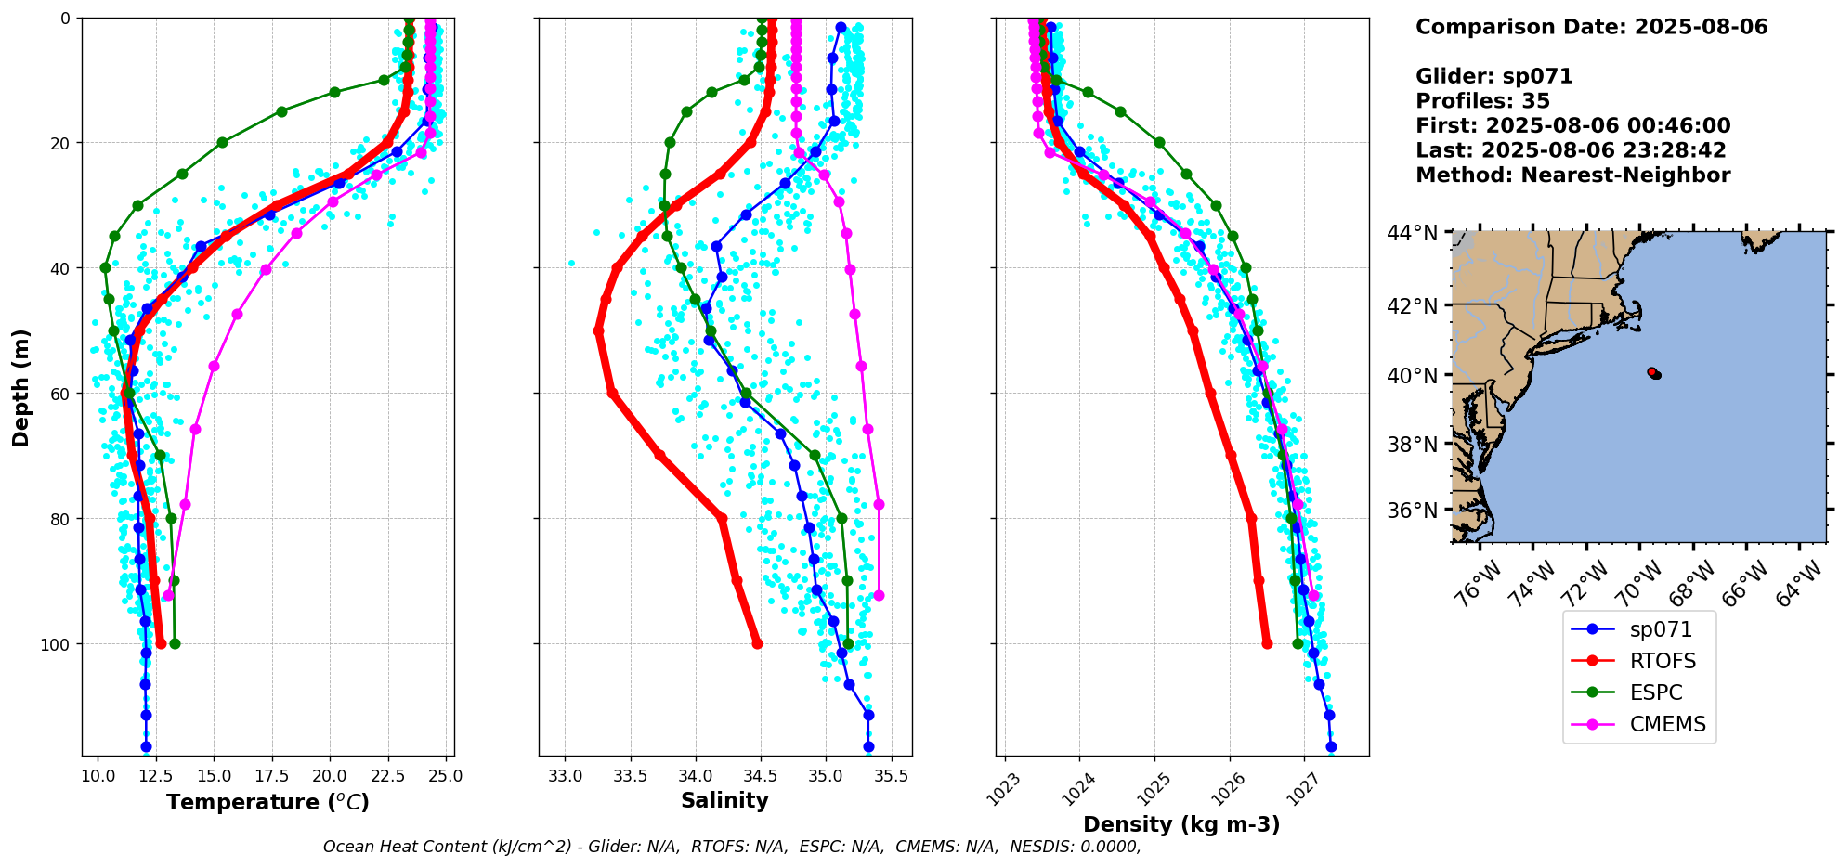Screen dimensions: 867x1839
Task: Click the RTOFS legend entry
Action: (1662, 661)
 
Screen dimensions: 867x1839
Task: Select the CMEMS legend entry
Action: (1667, 724)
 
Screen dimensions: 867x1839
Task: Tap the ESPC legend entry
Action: (1656, 692)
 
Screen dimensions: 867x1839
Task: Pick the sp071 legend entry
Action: (1661, 629)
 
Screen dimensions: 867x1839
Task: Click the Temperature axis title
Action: (267, 802)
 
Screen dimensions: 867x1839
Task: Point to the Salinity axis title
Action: (724, 800)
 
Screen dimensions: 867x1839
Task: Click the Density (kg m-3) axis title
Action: (1181, 824)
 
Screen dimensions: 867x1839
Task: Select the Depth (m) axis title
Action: (20, 387)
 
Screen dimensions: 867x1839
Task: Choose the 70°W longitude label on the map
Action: (1640, 583)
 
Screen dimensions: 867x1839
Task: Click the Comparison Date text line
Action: (1591, 27)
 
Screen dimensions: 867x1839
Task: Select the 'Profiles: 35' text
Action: (1482, 101)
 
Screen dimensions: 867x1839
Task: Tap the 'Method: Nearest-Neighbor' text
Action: (1572, 175)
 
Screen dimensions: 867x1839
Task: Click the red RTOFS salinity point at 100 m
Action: (757, 643)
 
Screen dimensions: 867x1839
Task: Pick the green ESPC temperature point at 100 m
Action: (175, 643)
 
